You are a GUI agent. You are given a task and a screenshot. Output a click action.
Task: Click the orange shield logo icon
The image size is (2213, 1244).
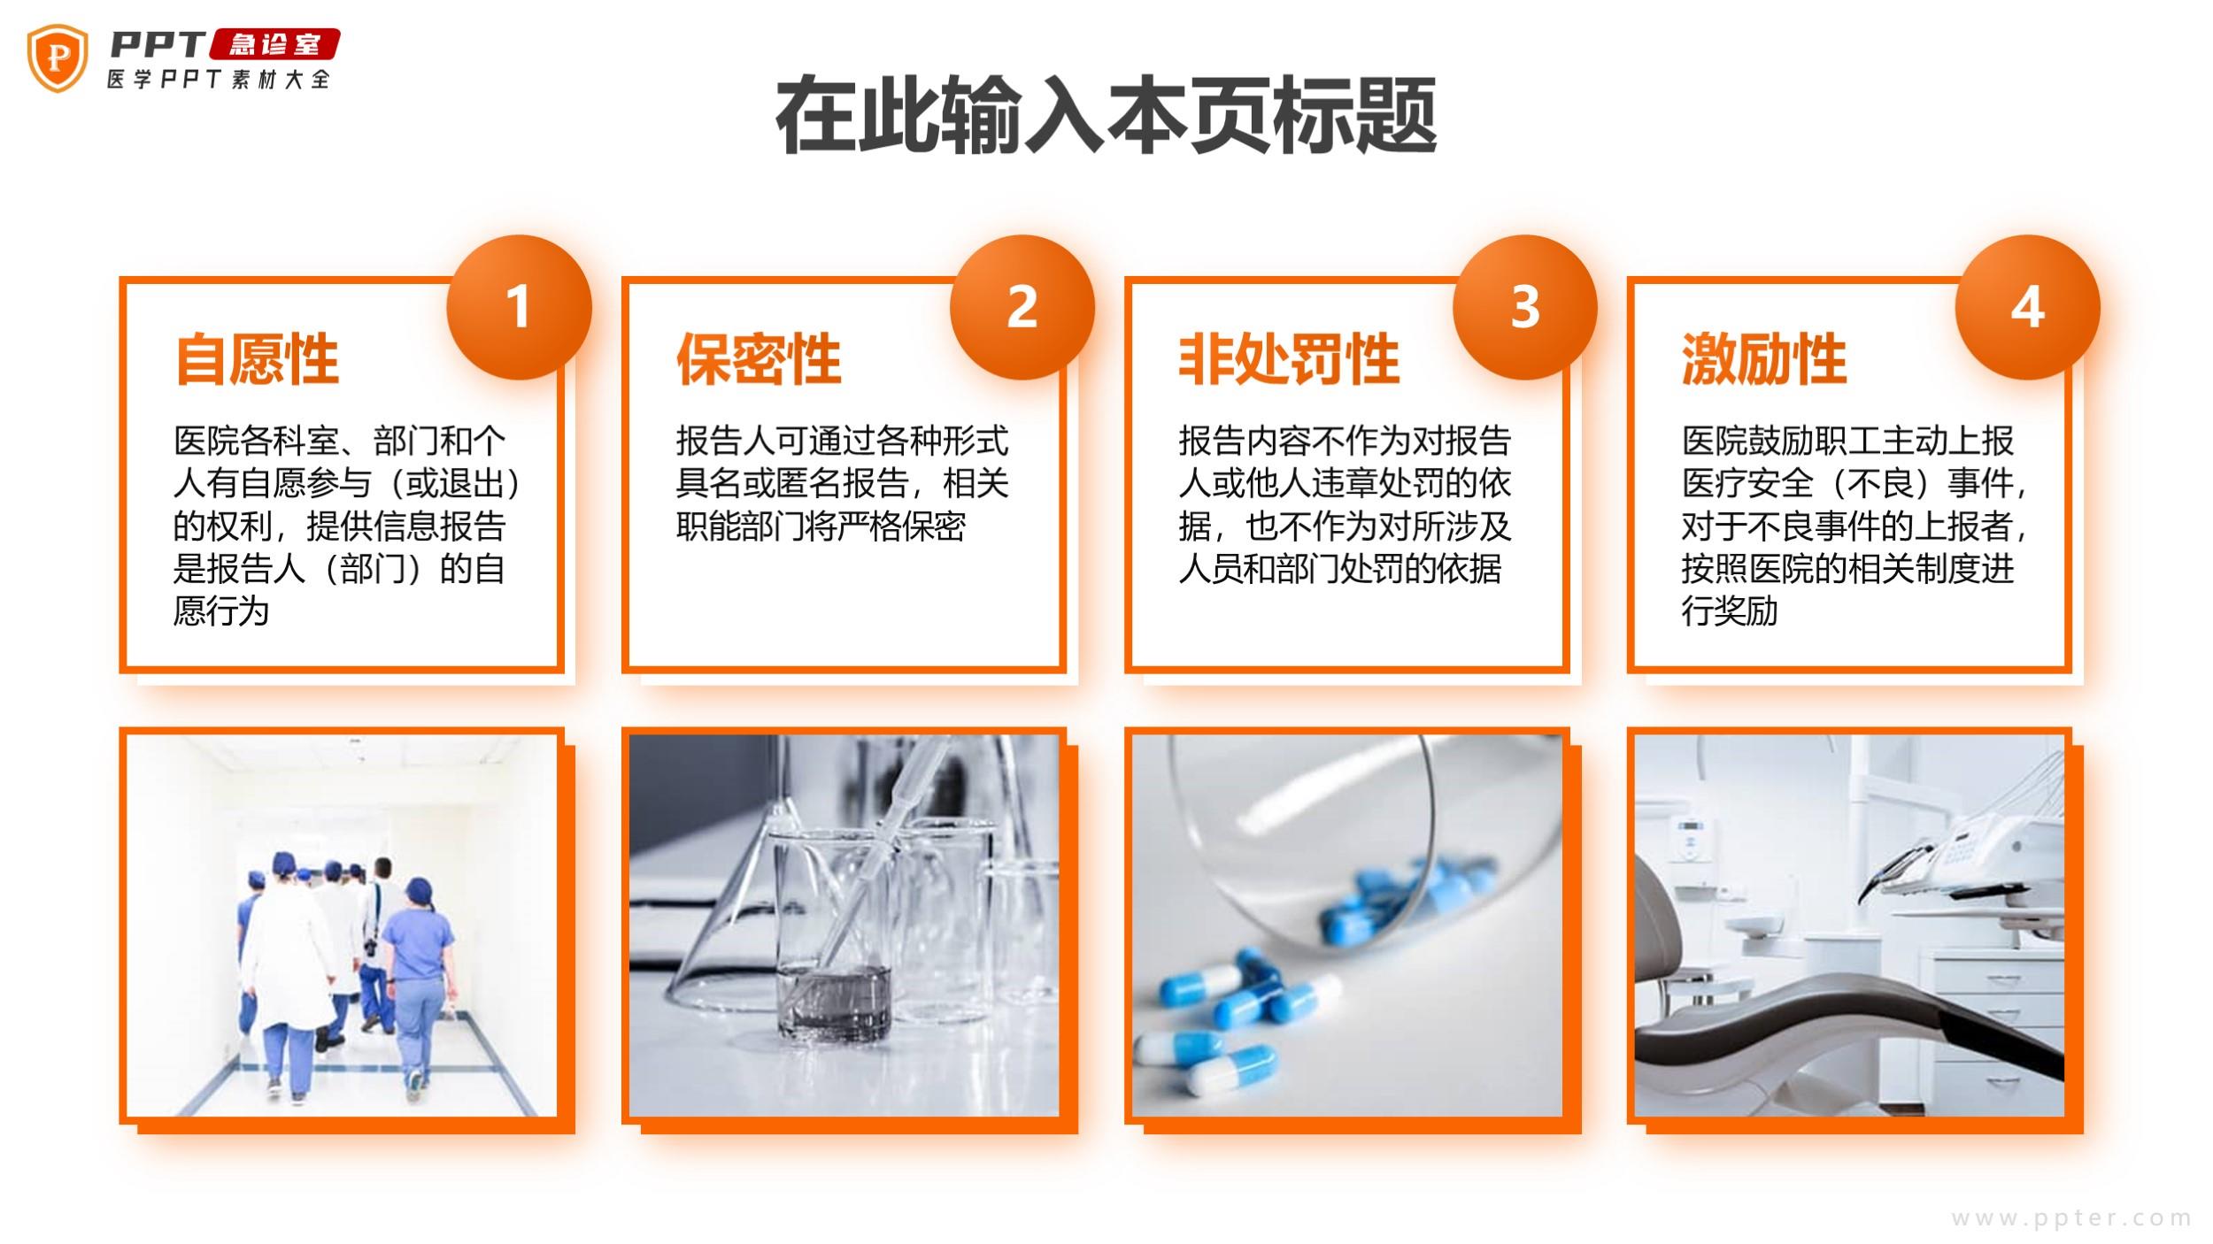click(58, 58)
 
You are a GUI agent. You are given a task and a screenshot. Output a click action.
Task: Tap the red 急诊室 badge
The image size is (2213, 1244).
click(274, 44)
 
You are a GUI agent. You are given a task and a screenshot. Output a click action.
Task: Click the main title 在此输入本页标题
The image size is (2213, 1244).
click(1106, 116)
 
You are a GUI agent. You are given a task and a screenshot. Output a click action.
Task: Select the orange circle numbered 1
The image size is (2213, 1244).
click(519, 307)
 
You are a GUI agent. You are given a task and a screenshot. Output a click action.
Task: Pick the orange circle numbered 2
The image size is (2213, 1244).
click(1022, 307)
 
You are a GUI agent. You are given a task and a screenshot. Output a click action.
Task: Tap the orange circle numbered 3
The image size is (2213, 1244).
click(1525, 307)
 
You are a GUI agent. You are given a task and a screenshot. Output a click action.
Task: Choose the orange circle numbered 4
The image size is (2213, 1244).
click(2028, 307)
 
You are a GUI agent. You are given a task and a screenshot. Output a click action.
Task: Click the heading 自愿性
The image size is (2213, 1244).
click(257, 359)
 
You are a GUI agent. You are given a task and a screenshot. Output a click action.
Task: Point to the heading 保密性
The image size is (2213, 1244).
click(759, 359)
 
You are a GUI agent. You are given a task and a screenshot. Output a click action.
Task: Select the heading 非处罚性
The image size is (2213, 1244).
click(1289, 359)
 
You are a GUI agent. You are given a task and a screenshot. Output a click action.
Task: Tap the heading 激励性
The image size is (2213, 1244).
click(1764, 359)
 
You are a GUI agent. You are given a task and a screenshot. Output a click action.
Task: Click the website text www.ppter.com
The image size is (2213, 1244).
click(2071, 1218)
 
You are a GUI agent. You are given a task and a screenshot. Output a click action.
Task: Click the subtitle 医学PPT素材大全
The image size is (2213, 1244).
click(219, 79)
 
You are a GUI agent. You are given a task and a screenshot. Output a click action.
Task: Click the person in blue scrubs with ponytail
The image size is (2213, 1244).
click(413, 987)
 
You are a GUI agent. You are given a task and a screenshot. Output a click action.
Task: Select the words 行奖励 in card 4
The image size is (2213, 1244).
click(1730, 611)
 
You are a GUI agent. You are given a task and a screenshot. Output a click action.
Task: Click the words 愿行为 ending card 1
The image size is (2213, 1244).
click(221, 611)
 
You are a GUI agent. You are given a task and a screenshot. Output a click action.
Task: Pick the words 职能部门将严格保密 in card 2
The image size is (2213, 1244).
click(821, 526)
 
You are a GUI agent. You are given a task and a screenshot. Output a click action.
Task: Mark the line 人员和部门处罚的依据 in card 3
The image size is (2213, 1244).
click(1340, 569)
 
